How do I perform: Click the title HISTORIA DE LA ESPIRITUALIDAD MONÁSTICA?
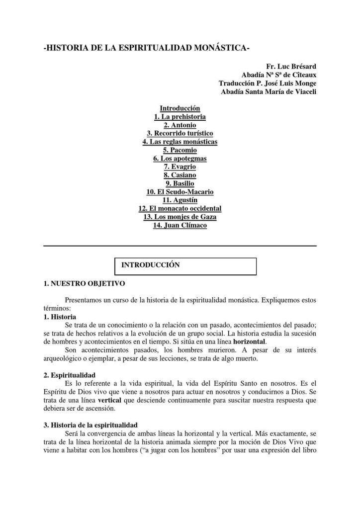point(147,48)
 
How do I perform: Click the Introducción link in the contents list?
point(180,108)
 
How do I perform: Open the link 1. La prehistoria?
point(180,116)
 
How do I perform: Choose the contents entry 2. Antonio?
point(180,125)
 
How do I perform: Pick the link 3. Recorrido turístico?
point(180,133)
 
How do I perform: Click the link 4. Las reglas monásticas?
point(180,142)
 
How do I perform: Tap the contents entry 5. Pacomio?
point(180,150)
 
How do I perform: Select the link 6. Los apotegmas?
point(180,159)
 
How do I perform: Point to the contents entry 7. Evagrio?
point(180,167)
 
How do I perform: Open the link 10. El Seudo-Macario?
point(180,192)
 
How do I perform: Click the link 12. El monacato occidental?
point(180,208)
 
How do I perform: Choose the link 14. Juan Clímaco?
point(180,225)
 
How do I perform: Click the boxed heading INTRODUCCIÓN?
point(150,265)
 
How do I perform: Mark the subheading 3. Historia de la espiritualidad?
point(90,425)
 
